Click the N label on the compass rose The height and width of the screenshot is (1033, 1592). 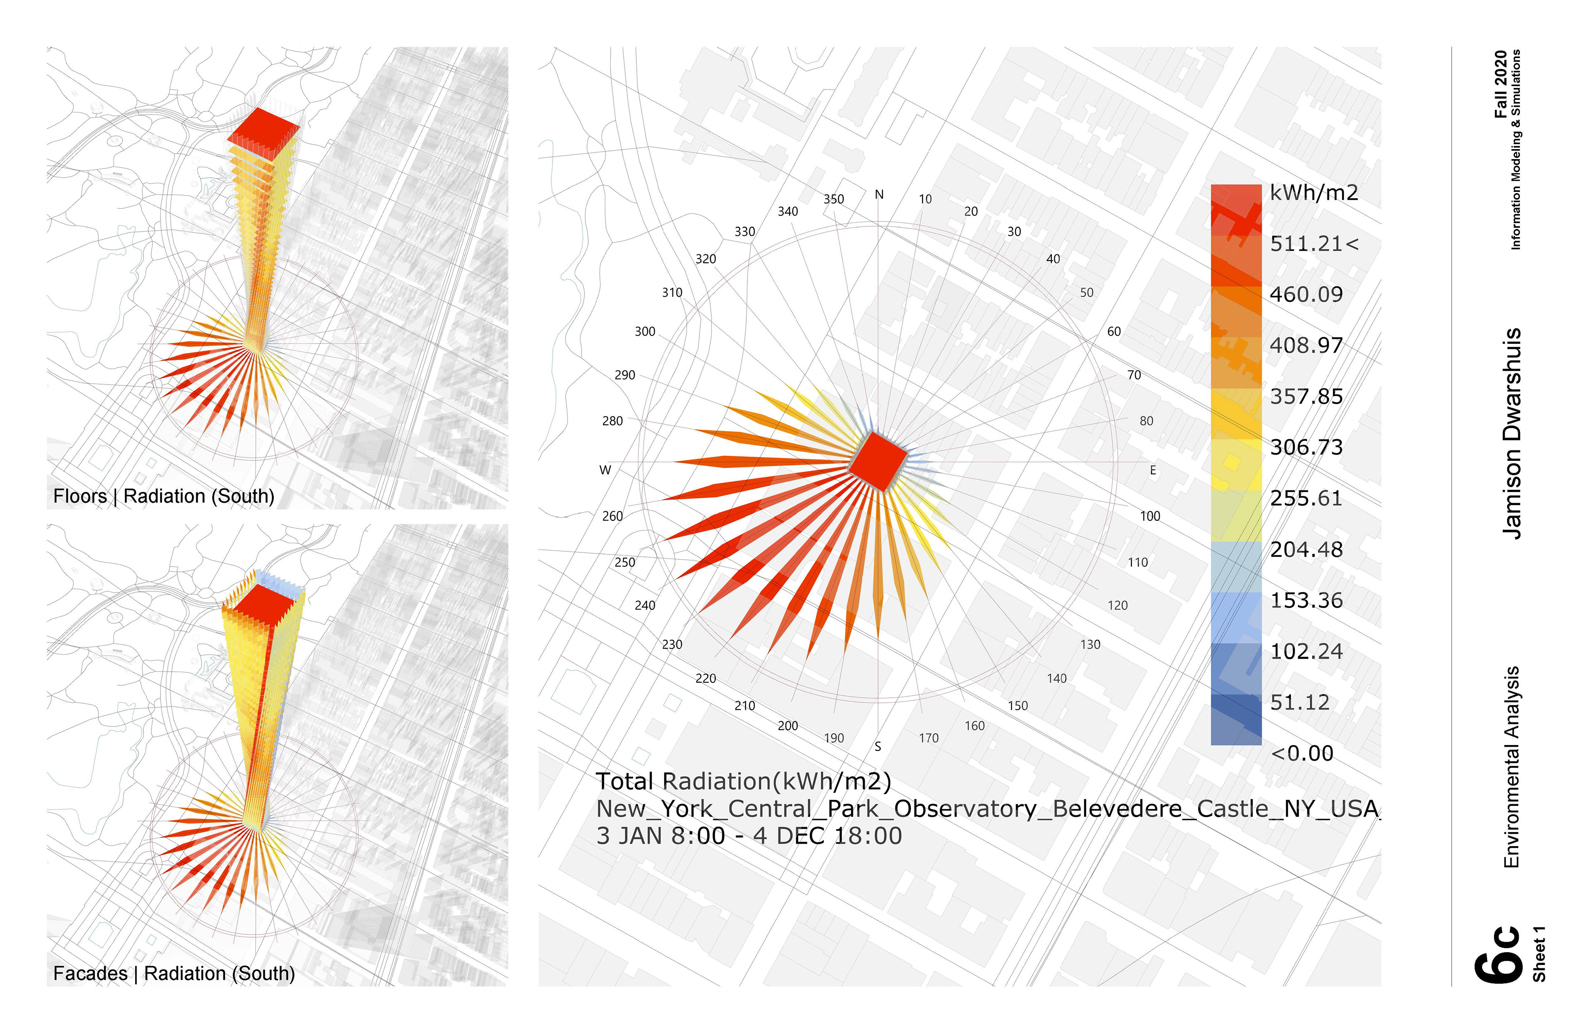pyautogui.click(x=879, y=195)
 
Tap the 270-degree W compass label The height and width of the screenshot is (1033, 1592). pyautogui.click(x=605, y=470)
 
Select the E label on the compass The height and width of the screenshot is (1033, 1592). pyautogui.click(x=1153, y=470)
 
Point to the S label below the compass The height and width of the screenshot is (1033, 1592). pyautogui.click(x=878, y=746)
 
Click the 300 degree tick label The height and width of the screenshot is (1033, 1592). pyautogui.click(x=645, y=331)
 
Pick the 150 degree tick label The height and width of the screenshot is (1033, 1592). pyautogui.click(x=1017, y=705)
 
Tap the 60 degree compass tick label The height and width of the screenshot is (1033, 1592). pyautogui.click(x=1114, y=331)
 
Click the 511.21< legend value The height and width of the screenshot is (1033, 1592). pyautogui.click(x=1314, y=244)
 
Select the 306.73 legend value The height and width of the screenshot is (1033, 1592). pyautogui.click(x=1306, y=447)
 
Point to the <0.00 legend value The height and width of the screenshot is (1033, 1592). pyautogui.click(x=1302, y=754)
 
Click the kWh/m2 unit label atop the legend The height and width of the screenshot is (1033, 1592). pyautogui.click(x=1314, y=193)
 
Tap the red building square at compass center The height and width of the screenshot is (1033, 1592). pyautogui.click(x=878, y=461)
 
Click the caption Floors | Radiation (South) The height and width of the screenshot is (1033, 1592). pyautogui.click(x=164, y=496)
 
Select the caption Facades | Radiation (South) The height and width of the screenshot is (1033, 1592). pyautogui.click(x=174, y=973)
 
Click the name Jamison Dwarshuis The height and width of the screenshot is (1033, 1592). pyautogui.click(x=1512, y=433)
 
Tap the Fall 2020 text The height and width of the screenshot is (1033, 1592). pyautogui.click(x=1500, y=84)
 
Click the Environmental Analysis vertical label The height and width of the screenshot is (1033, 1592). pyautogui.click(x=1512, y=767)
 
